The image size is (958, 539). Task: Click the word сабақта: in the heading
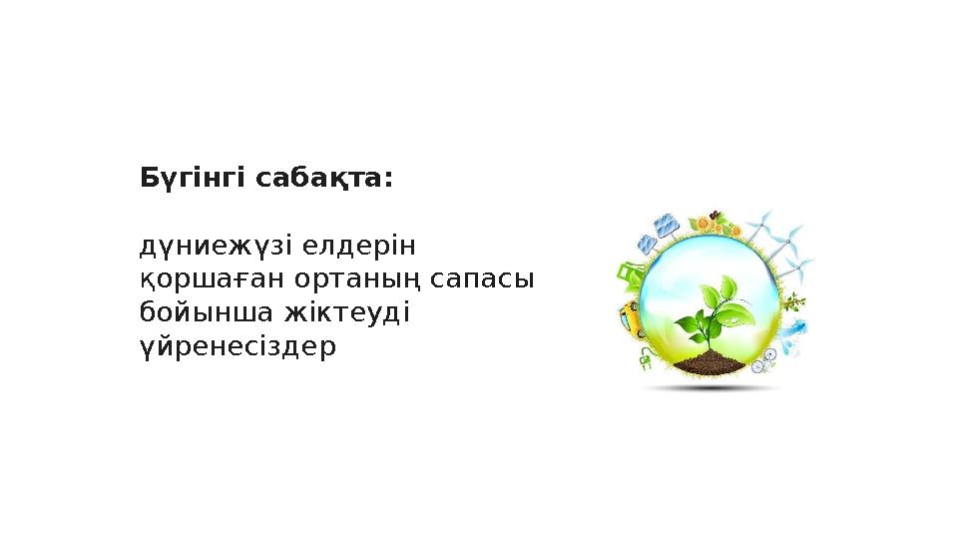pos(324,180)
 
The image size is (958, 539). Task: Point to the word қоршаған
pos(205,279)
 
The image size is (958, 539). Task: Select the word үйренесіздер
pos(238,348)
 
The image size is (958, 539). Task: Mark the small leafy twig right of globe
pos(794,300)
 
